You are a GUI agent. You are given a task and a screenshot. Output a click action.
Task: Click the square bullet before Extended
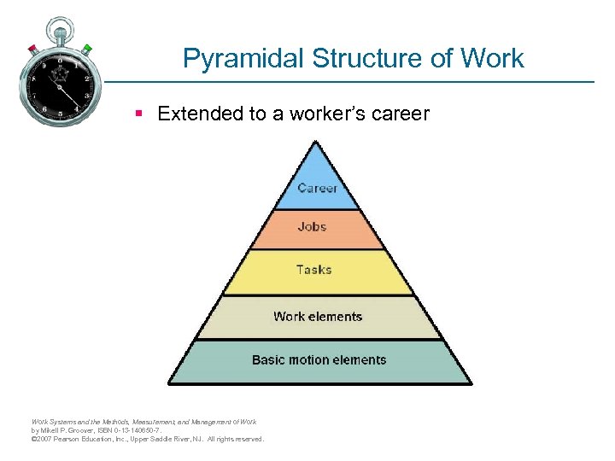(138, 114)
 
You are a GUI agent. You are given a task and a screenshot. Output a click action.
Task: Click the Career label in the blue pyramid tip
(317, 188)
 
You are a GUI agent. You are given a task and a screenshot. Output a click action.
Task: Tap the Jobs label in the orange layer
(312, 226)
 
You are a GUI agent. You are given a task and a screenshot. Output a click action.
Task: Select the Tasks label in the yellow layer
(313, 269)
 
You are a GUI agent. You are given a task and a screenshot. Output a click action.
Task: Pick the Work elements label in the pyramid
(318, 317)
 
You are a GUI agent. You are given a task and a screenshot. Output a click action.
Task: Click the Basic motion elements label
(319, 360)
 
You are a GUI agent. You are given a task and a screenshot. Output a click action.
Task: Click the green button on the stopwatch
(88, 47)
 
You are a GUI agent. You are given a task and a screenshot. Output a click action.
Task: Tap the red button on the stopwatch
(32, 47)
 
